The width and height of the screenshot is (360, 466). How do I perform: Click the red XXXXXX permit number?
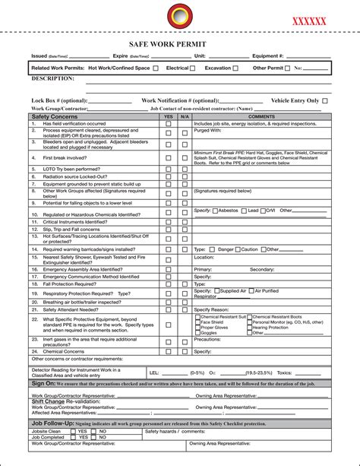(309, 22)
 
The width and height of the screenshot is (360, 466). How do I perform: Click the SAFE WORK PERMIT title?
(179, 44)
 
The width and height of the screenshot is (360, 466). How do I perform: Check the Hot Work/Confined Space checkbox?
(156, 68)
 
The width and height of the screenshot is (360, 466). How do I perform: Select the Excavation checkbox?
(235, 68)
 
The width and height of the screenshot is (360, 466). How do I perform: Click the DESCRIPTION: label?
(52, 78)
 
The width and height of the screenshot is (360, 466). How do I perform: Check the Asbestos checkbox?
(215, 210)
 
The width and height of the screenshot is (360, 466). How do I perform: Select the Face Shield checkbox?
(197, 322)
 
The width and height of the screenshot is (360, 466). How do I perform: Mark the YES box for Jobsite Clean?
(73, 431)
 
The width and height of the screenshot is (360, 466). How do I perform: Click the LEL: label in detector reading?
(154, 373)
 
